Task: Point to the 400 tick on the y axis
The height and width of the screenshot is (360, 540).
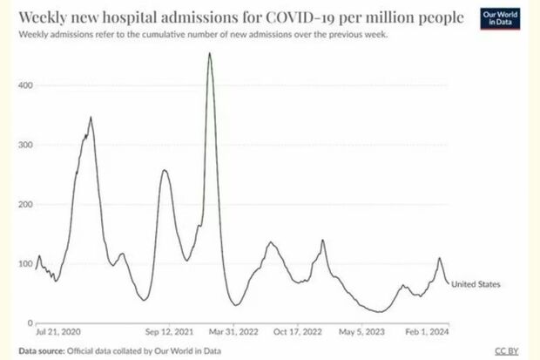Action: click(25, 85)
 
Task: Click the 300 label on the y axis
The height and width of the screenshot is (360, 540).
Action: click(25, 145)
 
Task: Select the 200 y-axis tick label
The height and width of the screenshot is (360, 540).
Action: click(25, 204)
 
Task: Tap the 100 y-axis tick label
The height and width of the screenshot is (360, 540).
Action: click(25, 263)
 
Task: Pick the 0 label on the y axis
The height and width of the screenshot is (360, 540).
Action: click(30, 323)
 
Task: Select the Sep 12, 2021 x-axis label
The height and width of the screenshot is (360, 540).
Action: click(169, 332)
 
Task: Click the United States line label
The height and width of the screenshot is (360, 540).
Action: click(476, 284)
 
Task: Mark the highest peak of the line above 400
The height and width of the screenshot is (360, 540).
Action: click(210, 54)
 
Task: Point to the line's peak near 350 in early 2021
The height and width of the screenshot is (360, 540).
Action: click(91, 118)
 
